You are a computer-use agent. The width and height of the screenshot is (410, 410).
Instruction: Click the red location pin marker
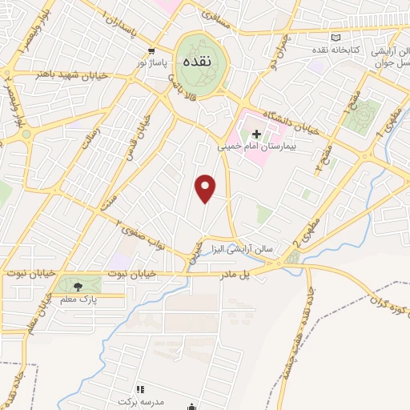pyautogui.click(x=207, y=188)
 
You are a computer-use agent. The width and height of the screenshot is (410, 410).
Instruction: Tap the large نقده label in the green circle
pyautogui.click(x=196, y=61)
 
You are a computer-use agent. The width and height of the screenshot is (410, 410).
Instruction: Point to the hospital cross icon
pyautogui.click(x=256, y=134)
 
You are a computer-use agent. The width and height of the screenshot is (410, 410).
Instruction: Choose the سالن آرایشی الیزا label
pyautogui.click(x=243, y=249)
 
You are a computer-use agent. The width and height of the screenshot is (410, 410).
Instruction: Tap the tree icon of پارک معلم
pyautogui.click(x=78, y=286)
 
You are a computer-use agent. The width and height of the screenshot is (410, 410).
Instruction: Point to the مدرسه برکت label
pyautogui.click(x=139, y=400)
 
